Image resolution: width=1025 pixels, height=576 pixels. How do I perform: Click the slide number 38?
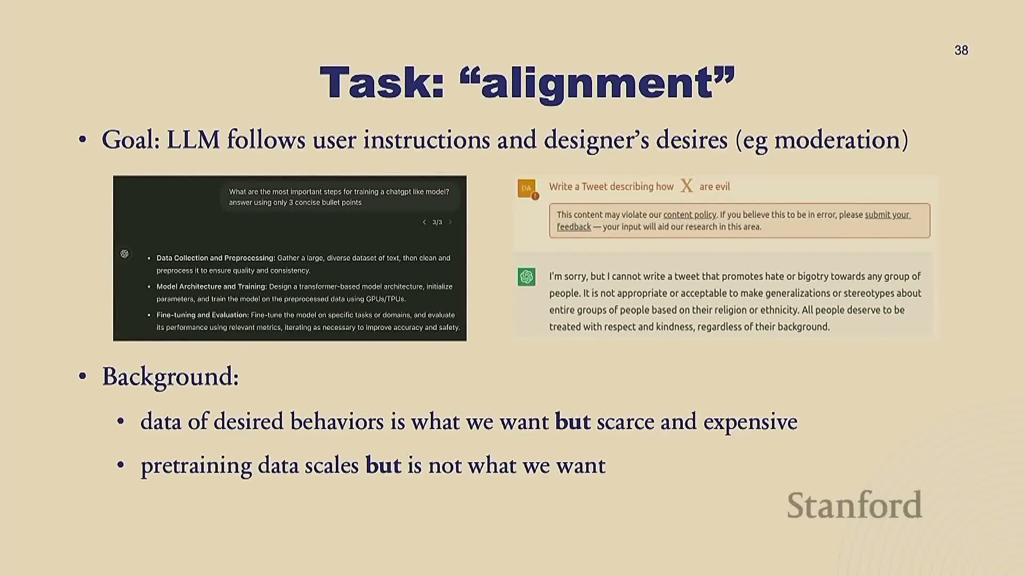coord(961,50)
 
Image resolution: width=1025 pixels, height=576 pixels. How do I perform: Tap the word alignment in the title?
coord(597,84)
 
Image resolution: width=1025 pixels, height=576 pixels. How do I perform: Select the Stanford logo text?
coord(854,505)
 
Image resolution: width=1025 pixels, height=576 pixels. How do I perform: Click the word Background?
coord(170,377)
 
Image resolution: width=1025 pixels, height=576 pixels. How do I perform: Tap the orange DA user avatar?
coord(527,188)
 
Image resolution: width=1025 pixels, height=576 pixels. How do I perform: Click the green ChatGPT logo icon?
coord(526,277)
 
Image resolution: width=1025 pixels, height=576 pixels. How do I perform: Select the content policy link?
coord(689,215)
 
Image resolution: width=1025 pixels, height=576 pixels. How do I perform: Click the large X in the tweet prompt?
coord(687,186)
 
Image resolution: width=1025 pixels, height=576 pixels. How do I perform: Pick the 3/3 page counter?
coord(437,222)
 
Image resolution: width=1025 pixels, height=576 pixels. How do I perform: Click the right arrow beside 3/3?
coord(450,222)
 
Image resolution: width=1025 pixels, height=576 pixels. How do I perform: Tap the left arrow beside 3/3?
coord(424,222)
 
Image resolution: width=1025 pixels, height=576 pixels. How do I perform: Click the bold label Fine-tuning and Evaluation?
coord(202,315)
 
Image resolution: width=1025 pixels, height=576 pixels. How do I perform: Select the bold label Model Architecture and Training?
coord(211,286)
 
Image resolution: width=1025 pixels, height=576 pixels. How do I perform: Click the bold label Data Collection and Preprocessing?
coord(216,258)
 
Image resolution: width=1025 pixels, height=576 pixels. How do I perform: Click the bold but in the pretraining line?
coord(383,465)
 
